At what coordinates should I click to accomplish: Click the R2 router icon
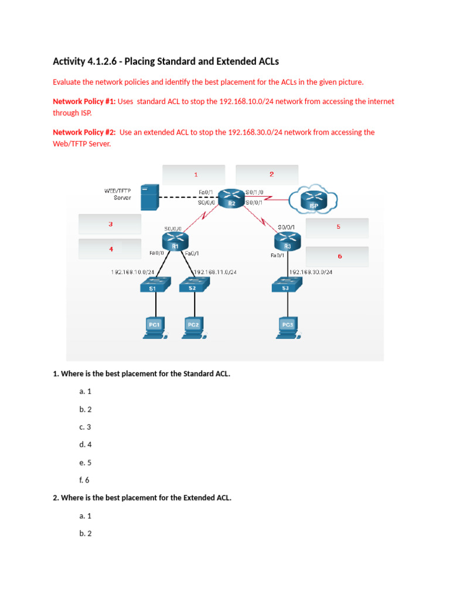point(231,197)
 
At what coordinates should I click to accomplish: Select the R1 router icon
point(175,241)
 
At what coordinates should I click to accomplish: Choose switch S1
point(155,285)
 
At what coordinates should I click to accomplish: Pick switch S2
point(193,285)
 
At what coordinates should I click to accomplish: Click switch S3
point(287,285)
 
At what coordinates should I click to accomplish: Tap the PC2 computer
point(193,326)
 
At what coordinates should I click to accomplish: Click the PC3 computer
point(287,326)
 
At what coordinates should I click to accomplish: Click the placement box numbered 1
point(193,174)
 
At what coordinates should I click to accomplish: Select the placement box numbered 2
point(267,174)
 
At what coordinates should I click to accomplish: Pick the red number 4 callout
point(111,249)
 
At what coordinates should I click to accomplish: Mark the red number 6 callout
point(339,256)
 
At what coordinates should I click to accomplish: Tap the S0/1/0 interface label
point(255,192)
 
